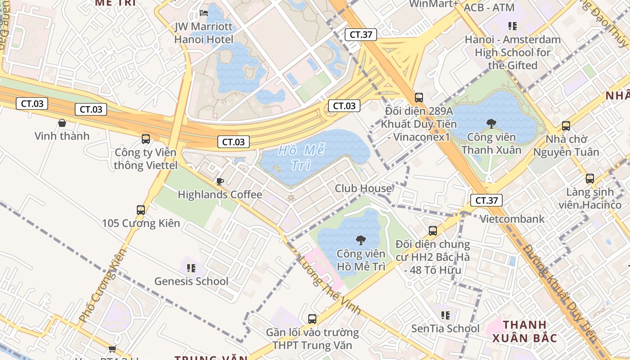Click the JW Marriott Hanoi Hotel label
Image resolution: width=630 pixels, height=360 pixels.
[x=204, y=33]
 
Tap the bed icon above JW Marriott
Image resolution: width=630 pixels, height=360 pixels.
[x=204, y=13]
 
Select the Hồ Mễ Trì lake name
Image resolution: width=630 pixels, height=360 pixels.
[x=301, y=157]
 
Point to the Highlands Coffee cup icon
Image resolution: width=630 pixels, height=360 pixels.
[x=220, y=181]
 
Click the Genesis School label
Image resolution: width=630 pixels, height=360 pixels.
[x=191, y=281]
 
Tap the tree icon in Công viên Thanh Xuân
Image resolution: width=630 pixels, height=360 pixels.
[x=491, y=123]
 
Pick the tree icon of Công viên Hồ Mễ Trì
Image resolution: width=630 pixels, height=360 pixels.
[x=360, y=240]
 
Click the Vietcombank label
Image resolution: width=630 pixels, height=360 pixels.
[x=512, y=219]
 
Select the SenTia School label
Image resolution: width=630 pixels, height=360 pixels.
[x=445, y=328]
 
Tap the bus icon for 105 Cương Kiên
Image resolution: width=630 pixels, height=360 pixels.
[x=141, y=210]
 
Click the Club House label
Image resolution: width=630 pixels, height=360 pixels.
[x=363, y=188]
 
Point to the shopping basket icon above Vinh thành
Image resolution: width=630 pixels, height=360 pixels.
[x=62, y=123]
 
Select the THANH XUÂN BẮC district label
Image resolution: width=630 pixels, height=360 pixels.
[x=525, y=331]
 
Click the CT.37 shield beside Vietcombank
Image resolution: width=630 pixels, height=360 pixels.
[x=486, y=200]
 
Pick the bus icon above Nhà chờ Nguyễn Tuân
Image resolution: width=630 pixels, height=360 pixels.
[x=566, y=126]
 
